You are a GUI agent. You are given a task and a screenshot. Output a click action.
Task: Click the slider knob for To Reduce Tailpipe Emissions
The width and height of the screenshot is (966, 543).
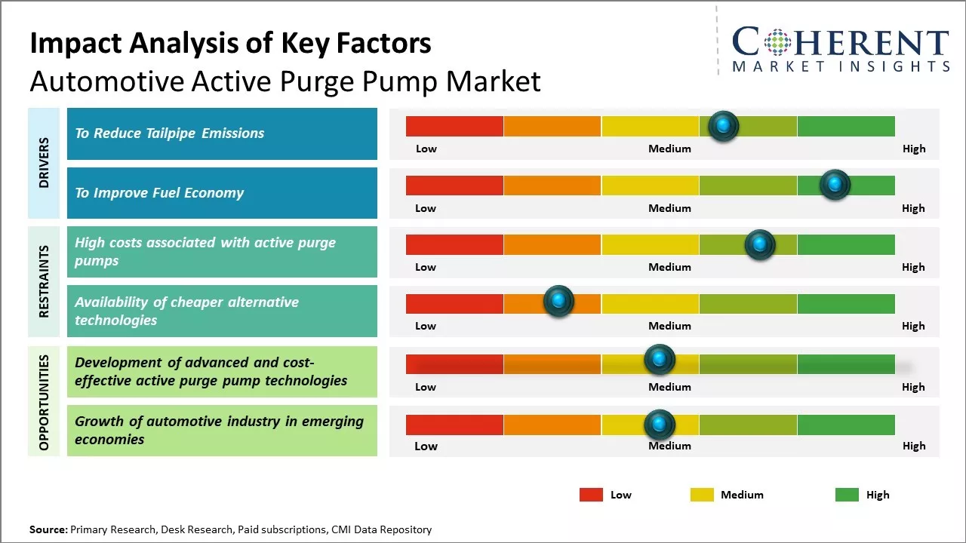724,126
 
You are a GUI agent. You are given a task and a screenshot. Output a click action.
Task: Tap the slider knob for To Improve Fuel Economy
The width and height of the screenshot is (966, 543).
835,185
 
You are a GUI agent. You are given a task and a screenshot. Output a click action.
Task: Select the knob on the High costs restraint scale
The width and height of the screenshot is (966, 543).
760,244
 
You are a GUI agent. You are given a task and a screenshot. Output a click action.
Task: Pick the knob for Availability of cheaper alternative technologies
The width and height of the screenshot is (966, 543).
558,301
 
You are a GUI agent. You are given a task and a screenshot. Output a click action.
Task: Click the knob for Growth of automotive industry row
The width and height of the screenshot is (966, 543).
660,425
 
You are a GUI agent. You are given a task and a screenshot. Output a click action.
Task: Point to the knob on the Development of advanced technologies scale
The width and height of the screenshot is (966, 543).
660,360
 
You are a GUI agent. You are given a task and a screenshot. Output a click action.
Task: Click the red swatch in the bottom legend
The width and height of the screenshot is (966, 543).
591,495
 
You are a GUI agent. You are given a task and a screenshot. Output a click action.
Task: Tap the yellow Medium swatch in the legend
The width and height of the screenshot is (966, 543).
702,495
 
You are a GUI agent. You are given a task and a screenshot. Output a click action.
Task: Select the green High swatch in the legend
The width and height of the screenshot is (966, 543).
847,495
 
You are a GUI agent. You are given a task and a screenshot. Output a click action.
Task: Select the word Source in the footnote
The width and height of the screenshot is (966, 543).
48,529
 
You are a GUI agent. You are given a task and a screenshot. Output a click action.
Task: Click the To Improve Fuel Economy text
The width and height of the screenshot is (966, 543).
159,193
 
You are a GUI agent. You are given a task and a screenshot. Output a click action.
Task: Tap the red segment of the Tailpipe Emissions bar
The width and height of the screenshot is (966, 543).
454,126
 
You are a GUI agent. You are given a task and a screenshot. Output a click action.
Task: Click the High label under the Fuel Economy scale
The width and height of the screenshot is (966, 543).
913,208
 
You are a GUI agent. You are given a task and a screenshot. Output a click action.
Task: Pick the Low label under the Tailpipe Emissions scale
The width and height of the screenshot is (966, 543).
426,149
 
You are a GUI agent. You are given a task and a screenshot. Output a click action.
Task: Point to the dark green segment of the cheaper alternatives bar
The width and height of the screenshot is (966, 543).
846,303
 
